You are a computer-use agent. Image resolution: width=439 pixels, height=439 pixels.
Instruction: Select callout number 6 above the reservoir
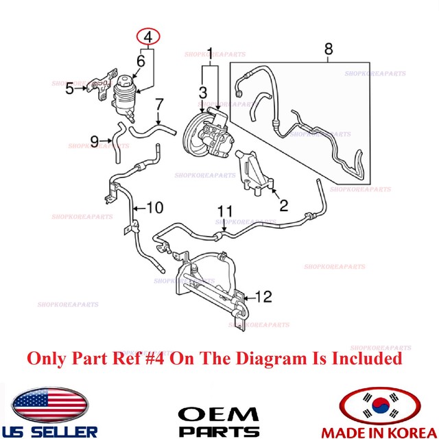pyautogui.click(x=141, y=62)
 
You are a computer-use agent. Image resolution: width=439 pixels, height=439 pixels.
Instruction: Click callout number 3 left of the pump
pyautogui.click(x=202, y=92)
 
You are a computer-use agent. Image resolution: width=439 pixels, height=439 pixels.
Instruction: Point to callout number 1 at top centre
pyautogui.click(x=211, y=51)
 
